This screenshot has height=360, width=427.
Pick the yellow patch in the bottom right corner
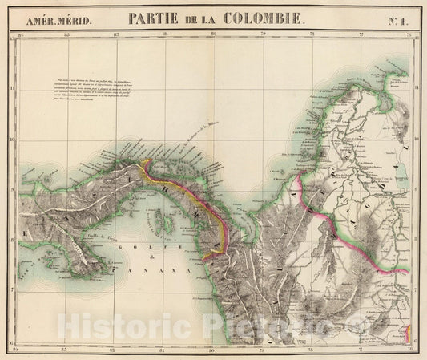pyautogui.click(x=407, y=331)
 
